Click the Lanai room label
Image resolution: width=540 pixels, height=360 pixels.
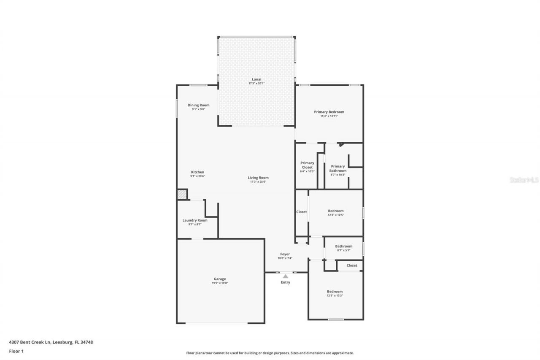click(x=256, y=79)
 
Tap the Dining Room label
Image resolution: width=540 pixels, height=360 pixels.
click(x=198, y=105)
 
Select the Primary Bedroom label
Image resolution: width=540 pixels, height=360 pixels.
click(x=329, y=112)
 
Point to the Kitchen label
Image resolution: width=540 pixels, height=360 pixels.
click(x=197, y=172)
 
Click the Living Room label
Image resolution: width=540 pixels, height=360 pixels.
click(x=258, y=178)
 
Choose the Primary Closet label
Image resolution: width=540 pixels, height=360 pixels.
click(x=307, y=165)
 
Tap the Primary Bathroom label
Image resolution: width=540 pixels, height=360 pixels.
click(x=338, y=168)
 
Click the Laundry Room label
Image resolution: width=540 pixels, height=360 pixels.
click(x=195, y=220)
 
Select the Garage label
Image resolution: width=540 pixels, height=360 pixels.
click(x=220, y=279)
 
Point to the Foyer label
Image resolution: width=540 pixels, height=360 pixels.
click(x=285, y=254)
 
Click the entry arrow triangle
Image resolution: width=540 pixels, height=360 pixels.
click(x=286, y=276)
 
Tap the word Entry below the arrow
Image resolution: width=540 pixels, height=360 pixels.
click(x=286, y=282)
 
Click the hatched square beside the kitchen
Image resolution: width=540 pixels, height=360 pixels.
click(x=181, y=194)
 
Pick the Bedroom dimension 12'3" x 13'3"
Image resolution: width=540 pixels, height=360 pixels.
click(x=335, y=295)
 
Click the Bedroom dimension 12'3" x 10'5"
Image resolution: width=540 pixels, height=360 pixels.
click(x=336, y=215)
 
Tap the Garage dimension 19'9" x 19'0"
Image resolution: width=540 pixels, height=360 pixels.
click(x=220, y=283)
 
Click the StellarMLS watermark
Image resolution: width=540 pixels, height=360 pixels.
click(x=524, y=180)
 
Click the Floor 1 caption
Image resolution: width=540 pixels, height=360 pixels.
click(x=16, y=351)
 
